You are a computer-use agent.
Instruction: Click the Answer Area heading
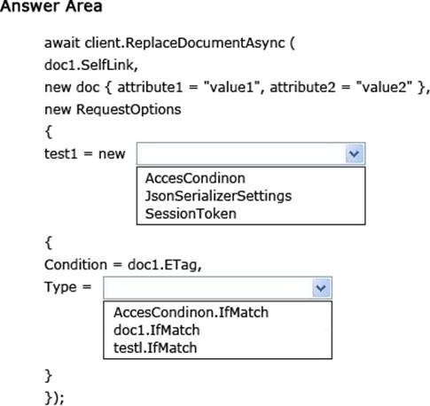tap(51, 6)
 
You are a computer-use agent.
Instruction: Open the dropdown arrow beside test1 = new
tap(354, 153)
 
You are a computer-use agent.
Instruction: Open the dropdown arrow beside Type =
tap(321, 288)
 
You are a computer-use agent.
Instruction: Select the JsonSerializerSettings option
tap(218, 196)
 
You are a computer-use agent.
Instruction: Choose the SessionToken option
tap(191, 214)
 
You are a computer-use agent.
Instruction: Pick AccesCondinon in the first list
tap(195, 178)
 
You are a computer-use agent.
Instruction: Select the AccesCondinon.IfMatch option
tap(191, 312)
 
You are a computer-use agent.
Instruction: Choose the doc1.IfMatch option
tap(157, 330)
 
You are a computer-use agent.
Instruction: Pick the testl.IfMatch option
tap(155, 347)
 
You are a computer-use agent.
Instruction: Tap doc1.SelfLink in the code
tap(91, 65)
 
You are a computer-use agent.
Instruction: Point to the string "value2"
tap(384, 87)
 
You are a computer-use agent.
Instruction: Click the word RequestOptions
tap(129, 110)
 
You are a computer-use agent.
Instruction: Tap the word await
tap(62, 43)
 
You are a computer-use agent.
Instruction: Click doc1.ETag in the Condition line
tap(165, 265)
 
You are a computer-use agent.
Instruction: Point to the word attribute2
tap(302, 87)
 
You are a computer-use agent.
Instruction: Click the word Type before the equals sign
tap(60, 287)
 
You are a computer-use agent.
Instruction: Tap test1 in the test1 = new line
tap(61, 154)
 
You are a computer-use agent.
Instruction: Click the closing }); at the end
tap(54, 398)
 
